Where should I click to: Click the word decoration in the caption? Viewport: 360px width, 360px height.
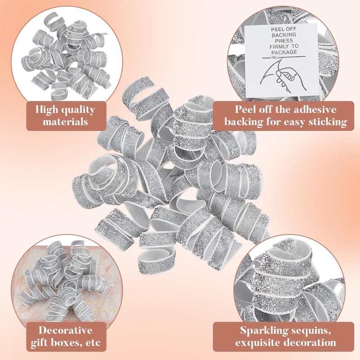click(309, 342)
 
